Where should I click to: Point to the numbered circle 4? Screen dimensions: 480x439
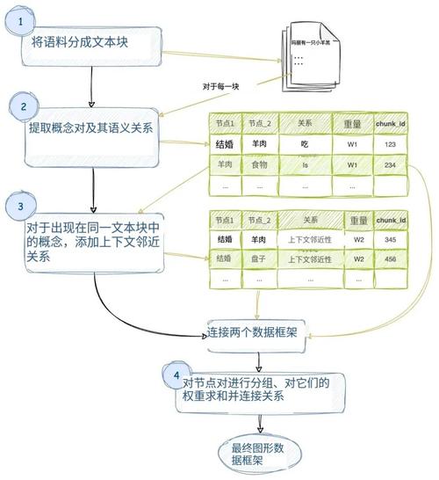[177, 378]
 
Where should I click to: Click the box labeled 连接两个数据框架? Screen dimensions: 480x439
[255, 334]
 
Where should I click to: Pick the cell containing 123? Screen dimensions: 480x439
[390, 142]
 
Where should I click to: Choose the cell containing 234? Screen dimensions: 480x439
[390, 164]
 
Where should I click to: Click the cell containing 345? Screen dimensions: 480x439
[390, 238]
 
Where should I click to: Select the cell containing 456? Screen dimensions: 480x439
[390, 258]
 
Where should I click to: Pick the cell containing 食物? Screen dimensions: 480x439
[261, 164]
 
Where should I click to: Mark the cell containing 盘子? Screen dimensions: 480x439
[261, 258]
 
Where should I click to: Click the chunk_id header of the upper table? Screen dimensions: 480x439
[390, 122]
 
